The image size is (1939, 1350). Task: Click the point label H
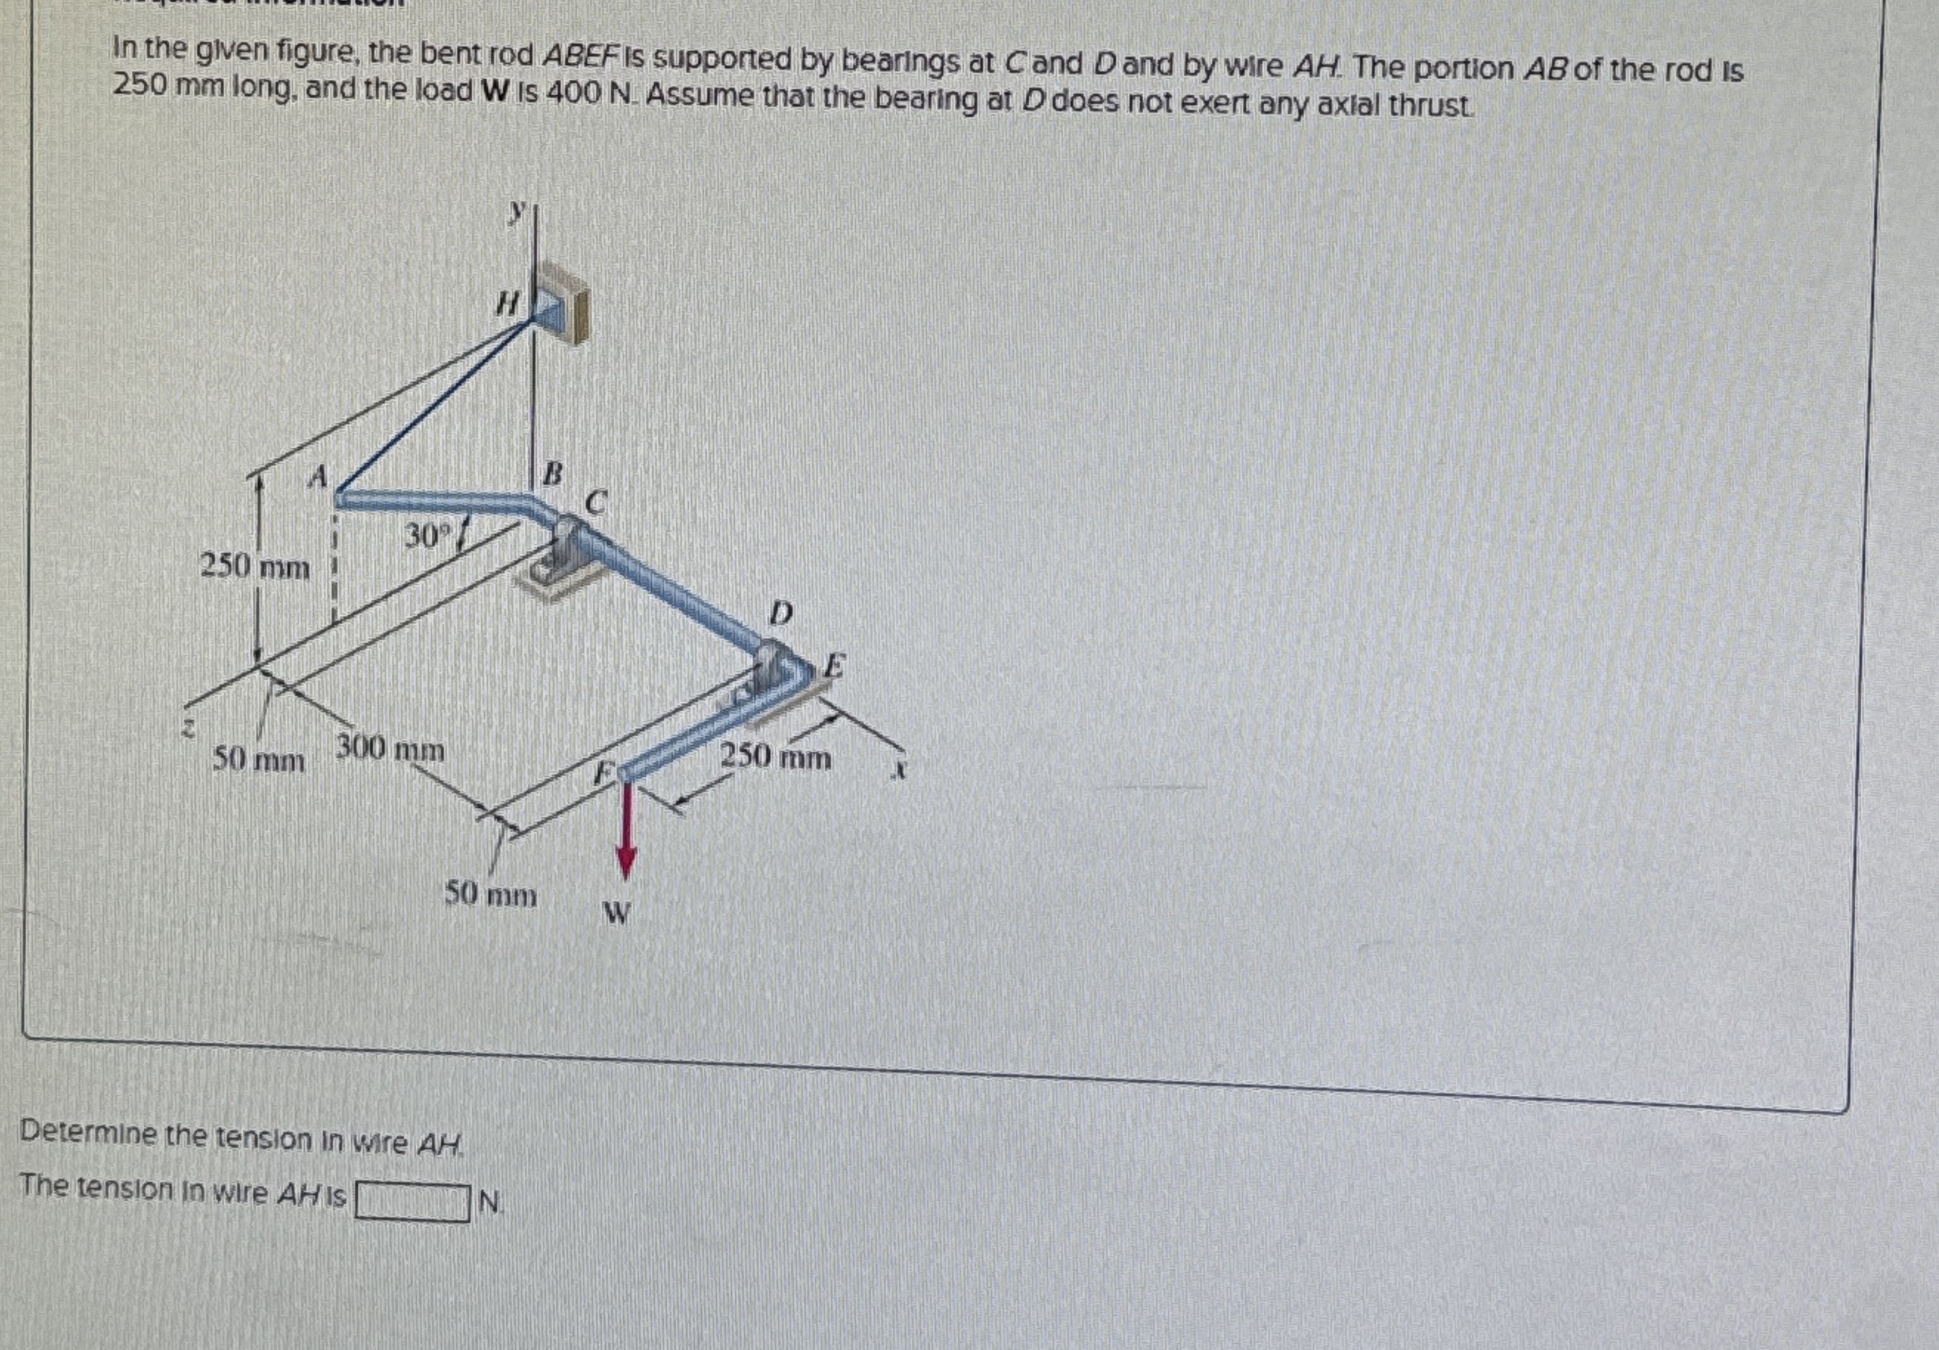pos(506,302)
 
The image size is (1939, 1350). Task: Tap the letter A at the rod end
pos(317,477)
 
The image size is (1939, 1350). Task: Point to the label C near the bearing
pos(595,504)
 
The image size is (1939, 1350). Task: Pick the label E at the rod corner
pos(833,665)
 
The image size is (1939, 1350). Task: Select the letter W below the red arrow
pos(618,914)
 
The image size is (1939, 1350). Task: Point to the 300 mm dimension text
pos(390,749)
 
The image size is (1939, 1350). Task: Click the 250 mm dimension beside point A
pos(254,567)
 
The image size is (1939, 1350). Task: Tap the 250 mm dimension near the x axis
pos(776,757)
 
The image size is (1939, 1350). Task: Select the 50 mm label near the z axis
pos(258,761)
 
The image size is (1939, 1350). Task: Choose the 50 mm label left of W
pos(490,894)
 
